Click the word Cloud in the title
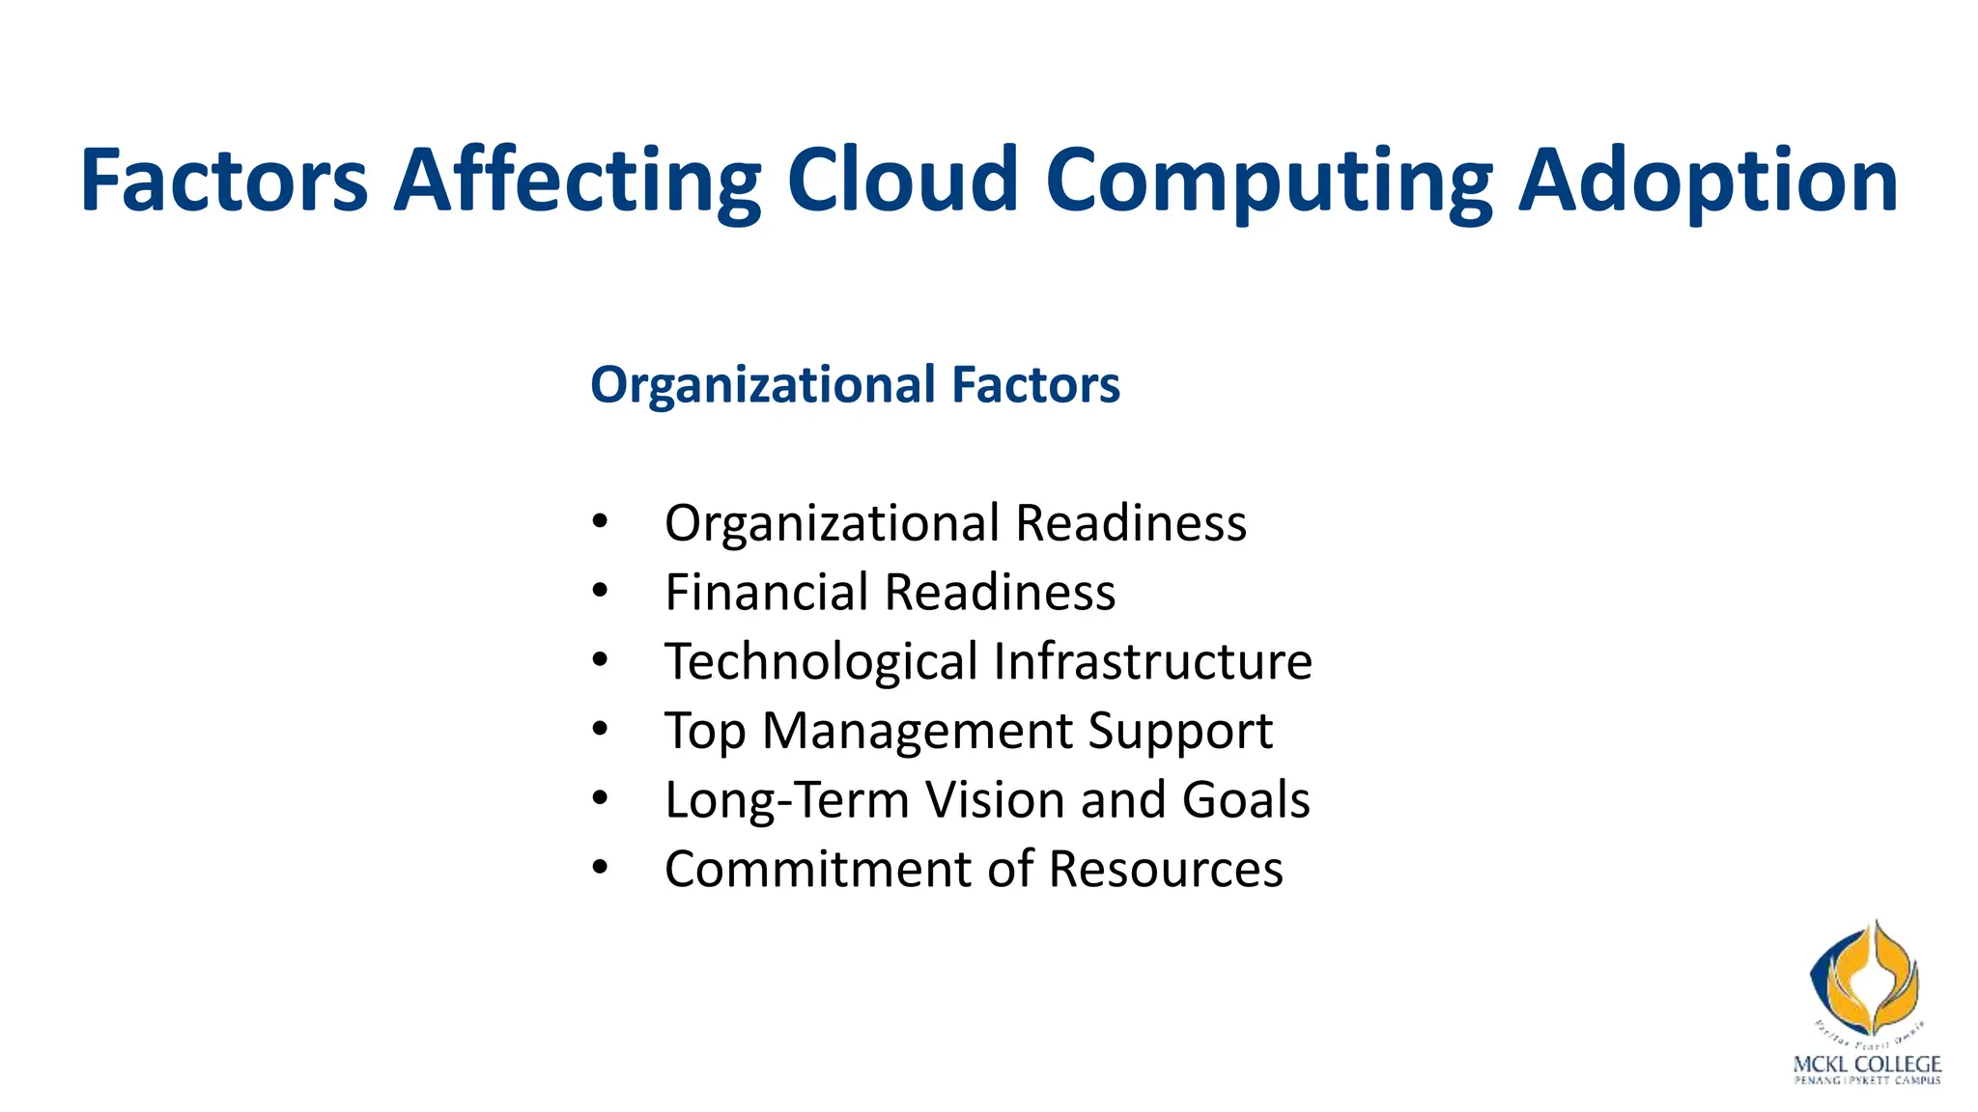pos(903,181)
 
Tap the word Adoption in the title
pos(1708,181)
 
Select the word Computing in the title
pos(1268,181)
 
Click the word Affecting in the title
pos(577,181)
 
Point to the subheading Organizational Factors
pos(855,384)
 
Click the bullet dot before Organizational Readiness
pos(600,522)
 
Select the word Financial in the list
pos(766,592)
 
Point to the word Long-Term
pos(787,800)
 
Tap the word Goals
pos(1246,800)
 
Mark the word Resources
pos(1166,869)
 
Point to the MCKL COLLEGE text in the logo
pos(1866,1064)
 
